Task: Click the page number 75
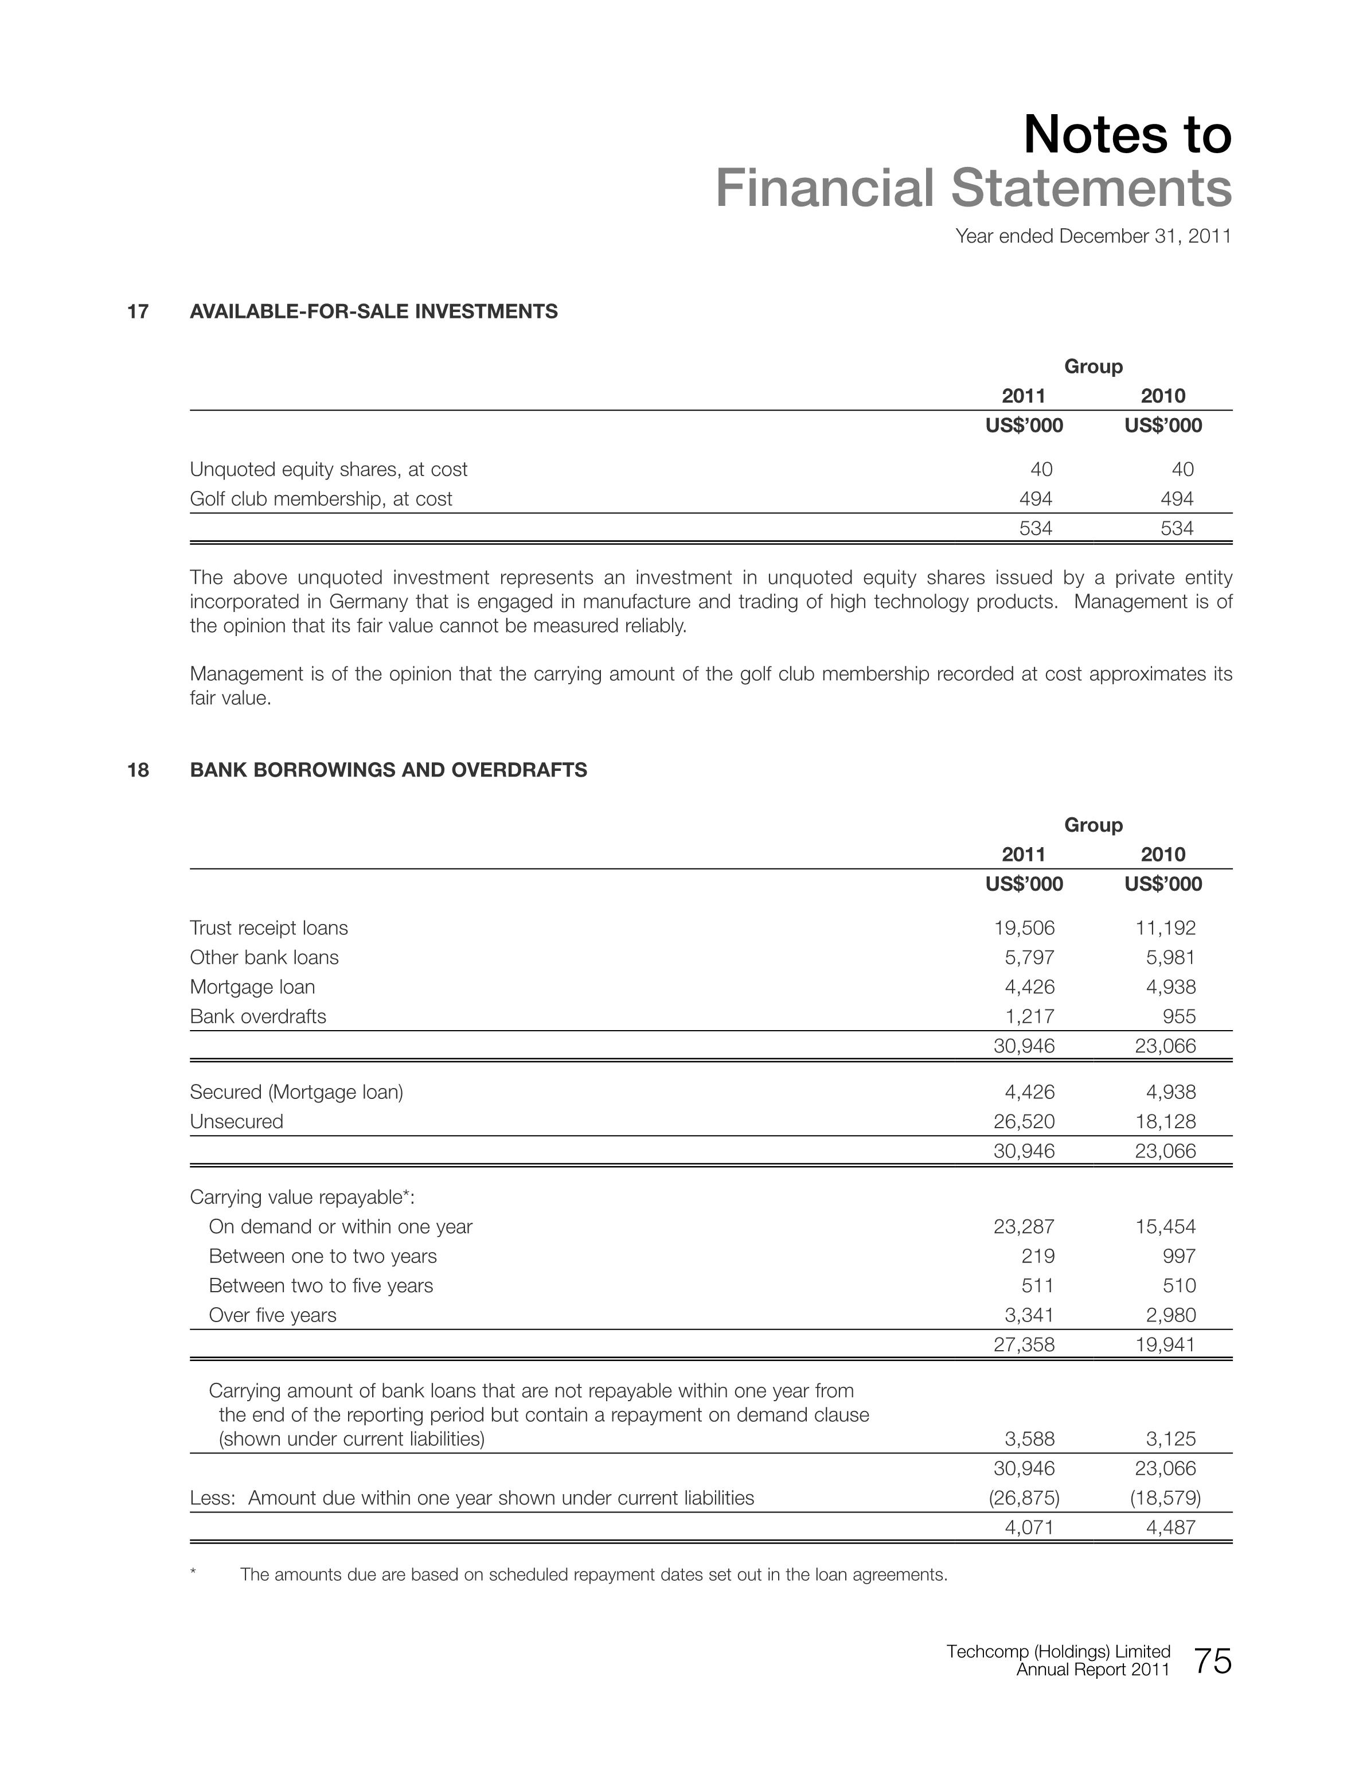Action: [x=1212, y=1662]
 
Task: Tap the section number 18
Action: [x=138, y=770]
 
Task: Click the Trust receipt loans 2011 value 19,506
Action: [x=1024, y=928]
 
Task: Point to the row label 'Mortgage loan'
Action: [x=252, y=987]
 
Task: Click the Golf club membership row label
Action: [x=321, y=499]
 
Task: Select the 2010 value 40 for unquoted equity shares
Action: [x=1181, y=469]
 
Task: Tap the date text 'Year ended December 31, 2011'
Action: [x=1093, y=236]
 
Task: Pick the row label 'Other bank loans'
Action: [x=264, y=958]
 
